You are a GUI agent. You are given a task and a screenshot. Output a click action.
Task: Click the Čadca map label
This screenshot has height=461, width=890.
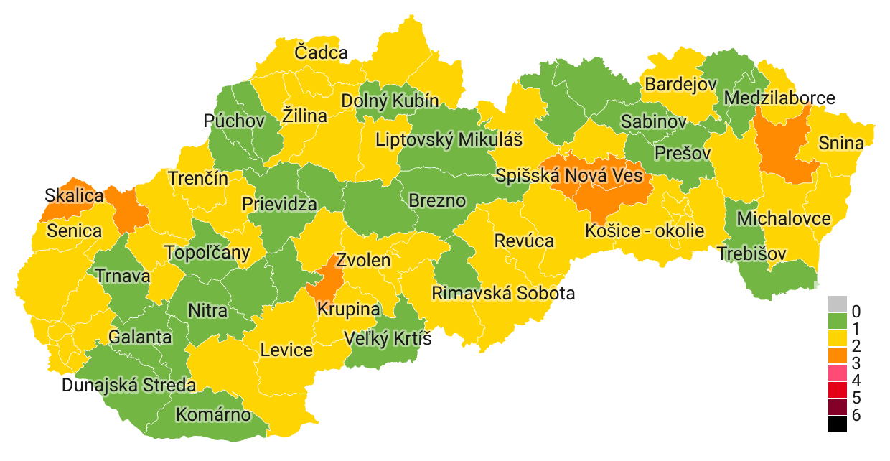pos(321,52)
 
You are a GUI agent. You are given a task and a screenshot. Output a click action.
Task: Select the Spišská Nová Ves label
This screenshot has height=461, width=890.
pos(568,174)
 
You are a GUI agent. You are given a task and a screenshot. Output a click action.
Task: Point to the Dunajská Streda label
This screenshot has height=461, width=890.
pos(128,386)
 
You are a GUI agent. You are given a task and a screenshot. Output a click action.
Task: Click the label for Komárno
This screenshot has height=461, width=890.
pos(213,414)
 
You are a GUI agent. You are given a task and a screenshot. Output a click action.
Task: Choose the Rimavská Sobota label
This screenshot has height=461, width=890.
pos(502,293)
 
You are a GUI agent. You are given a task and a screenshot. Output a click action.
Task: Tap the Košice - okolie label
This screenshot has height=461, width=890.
pos(645,230)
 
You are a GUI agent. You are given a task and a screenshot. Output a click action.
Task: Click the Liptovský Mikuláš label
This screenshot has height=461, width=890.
pos(449,139)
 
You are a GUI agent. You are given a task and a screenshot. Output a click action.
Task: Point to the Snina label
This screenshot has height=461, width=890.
pos(841,143)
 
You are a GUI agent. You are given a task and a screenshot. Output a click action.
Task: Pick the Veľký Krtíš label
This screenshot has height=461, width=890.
pos(388,337)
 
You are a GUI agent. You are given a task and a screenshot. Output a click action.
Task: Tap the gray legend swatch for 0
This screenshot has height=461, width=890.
pos(837,304)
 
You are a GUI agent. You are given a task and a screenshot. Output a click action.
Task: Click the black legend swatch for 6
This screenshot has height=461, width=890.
pos(837,424)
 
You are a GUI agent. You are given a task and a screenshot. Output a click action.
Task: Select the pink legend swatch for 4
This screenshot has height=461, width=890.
pos(837,373)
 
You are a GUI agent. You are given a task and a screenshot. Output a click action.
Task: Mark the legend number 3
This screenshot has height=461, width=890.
pos(856,363)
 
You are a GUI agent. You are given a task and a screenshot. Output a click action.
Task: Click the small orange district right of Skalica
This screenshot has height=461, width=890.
pos(128,210)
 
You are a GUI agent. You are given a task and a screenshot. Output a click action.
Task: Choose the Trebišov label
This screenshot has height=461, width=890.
pos(751,253)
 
